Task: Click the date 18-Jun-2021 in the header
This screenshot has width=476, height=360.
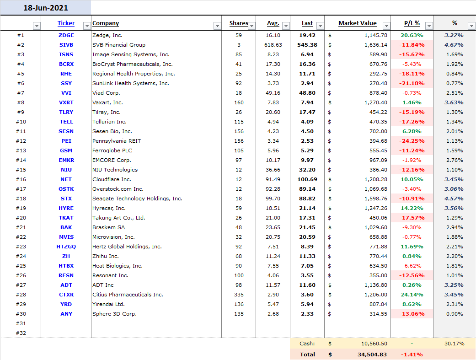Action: pos(46,8)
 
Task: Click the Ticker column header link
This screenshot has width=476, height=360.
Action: pos(66,23)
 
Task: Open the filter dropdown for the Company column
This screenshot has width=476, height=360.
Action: pos(217,26)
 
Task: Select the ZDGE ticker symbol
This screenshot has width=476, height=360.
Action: pos(66,35)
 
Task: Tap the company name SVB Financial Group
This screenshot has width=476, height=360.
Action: pos(119,45)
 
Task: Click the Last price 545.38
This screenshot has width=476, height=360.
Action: pos(307,45)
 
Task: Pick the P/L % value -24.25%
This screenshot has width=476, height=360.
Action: pos(412,141)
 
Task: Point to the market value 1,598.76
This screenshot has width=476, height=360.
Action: pos(376,199)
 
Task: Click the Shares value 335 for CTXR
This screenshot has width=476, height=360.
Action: pos(239,295)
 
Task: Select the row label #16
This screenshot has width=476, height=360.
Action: pos(21,180)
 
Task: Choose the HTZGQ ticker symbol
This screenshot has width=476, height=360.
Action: pos(66,247)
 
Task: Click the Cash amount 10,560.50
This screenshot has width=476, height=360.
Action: pos(374,344)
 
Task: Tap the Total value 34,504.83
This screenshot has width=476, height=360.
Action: pos(372,355)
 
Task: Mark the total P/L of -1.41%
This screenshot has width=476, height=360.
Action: pos(412,355)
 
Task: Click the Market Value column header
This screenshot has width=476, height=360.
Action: pos(357,23)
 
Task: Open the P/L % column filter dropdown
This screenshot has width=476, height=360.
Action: pos(429,26)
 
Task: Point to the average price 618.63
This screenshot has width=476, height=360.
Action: pos(273,45)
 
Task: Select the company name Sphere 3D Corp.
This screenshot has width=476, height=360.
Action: pos(114,314)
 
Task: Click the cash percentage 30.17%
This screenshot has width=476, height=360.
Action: pos(455,344)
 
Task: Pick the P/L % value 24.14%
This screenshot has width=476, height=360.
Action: pos(412,295)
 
